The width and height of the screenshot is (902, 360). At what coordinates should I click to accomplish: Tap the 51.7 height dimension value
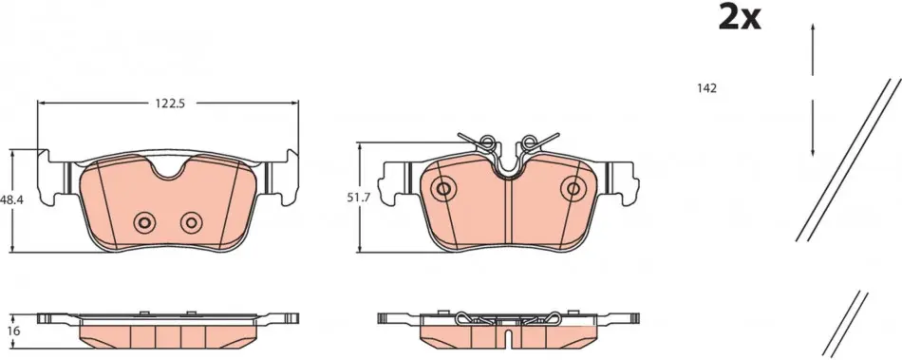357,198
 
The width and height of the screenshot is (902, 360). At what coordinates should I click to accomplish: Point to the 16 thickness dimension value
14,331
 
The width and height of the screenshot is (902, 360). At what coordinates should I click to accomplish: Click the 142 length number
707,88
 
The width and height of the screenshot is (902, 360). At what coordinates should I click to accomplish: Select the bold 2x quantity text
740,17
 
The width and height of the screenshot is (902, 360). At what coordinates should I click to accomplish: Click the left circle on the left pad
143,222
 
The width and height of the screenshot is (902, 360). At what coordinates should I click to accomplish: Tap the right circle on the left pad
191,222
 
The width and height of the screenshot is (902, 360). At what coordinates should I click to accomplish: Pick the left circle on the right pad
443,188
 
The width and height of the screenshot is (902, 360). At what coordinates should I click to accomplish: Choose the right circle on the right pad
573,188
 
